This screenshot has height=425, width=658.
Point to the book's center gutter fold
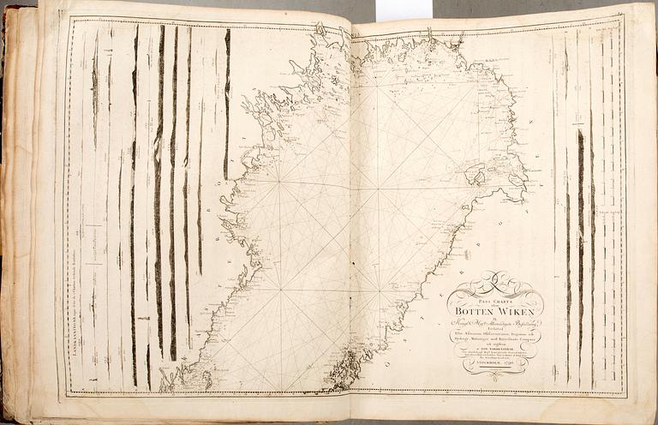point(351,214)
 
